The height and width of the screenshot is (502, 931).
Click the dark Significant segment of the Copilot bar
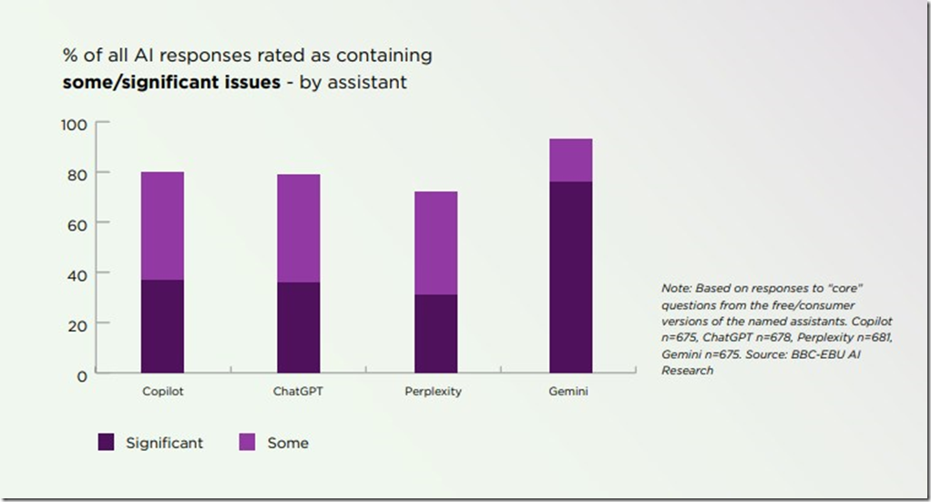[162, 326]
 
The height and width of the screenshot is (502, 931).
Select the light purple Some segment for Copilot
[162, 226]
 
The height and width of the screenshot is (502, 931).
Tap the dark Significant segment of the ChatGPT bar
[298, 327]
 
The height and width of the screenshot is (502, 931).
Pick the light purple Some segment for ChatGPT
[298, 228]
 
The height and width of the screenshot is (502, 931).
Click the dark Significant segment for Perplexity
[435, 333]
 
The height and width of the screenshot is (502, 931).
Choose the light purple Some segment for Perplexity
[435, 243]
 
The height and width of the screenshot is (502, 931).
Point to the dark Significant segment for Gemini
[570, 277]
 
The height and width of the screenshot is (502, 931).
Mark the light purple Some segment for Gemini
[570, 160]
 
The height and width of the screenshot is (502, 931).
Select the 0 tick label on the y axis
[81, 374]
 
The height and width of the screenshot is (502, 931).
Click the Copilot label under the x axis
[162, 392]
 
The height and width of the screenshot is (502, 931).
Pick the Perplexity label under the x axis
[434, 392]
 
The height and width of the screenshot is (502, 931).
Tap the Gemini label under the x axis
[570, 392]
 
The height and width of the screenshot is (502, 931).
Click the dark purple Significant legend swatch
[107, 443]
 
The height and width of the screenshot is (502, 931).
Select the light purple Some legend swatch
[247, 443]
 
